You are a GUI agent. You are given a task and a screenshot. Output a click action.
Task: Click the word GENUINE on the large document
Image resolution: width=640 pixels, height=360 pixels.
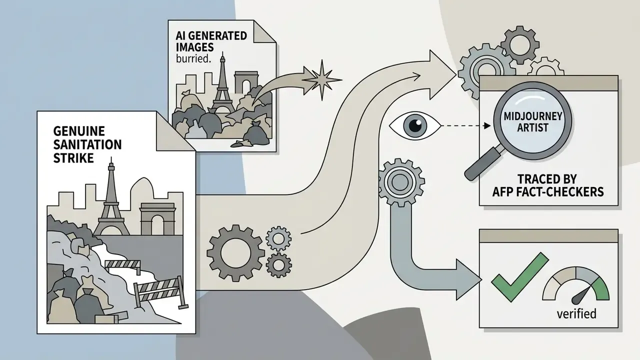79,131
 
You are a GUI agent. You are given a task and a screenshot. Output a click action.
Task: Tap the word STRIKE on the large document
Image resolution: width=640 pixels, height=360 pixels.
73,158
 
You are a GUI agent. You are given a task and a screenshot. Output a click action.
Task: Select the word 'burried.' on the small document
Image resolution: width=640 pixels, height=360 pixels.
193,58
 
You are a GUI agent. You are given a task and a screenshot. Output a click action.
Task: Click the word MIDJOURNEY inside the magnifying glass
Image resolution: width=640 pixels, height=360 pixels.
533,116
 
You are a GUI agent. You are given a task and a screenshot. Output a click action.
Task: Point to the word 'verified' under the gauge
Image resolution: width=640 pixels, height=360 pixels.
576,313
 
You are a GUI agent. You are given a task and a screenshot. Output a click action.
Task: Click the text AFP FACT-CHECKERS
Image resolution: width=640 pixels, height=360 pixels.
548,191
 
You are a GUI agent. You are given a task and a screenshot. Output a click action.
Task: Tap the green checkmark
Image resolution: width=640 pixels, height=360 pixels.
519,276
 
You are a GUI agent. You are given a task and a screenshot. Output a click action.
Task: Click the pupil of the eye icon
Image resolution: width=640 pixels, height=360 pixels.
415,125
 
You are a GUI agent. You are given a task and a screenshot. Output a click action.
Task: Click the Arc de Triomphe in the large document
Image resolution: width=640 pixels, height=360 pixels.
157,219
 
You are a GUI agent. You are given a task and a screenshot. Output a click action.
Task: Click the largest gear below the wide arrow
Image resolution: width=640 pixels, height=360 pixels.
235,253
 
